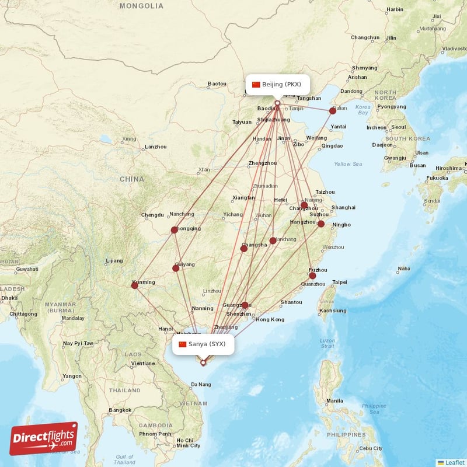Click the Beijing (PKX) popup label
[x=277, y=85]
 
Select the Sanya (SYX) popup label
[x=203, y=344]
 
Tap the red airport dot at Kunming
[x=134, y=285]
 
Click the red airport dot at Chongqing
[x=174, y=230]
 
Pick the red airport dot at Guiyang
[x=176, y=269]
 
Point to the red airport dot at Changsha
[x=244, y=249]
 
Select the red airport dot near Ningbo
[x=321, y=224]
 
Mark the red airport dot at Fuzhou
[x=312, y=276]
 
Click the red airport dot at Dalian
[x=333, y=110]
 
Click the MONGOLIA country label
[x=141, y=6]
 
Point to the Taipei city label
[x=340, y=282]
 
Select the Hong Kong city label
[x=270, y=320]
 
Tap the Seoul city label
[x=399, y=127]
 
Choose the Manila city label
[x=334, y=401]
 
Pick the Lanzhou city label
[x=156, y=147]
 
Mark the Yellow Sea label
[x=348, y=164]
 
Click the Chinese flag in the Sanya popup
[x=183, y=344]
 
